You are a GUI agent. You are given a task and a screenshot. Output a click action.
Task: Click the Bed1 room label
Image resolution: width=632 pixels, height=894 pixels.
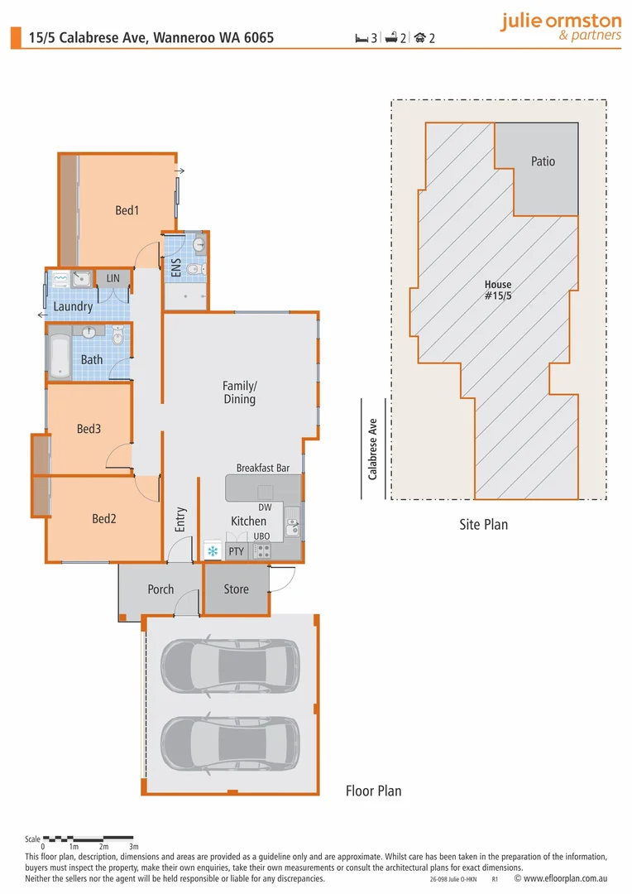(x=127, y=210)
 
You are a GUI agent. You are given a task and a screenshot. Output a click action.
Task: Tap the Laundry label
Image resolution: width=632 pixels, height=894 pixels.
(x=73, y=306)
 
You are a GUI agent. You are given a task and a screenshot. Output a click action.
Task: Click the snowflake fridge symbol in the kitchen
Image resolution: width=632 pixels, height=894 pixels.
(x=213, y=550)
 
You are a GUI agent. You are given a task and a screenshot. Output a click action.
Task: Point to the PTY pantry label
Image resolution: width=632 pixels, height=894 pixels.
(x=237, y=550)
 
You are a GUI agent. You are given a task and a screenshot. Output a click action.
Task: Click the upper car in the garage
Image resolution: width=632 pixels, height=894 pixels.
(x=229, y=666)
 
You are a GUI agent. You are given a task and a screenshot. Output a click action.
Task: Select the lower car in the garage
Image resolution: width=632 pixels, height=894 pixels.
(x=229, y=743)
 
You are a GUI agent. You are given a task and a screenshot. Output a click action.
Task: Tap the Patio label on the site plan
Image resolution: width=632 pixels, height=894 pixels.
(x=543, y=161)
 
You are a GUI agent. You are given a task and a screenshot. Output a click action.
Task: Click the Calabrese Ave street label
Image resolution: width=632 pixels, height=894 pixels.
(x=372, y=448)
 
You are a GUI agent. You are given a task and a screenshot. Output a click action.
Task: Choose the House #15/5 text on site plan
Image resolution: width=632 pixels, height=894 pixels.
(x=499, y=290)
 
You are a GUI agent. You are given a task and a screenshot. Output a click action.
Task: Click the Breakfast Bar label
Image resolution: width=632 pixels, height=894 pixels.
(x=262, y=468)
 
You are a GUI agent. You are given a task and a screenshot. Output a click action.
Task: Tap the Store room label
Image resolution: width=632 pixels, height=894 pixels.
(x=236, y=589)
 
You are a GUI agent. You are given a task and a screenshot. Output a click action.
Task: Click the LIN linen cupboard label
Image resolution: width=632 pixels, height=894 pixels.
(x=113, y=279)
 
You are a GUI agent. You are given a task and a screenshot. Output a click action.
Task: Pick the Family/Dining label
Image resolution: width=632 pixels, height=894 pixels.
(x=239, y=392)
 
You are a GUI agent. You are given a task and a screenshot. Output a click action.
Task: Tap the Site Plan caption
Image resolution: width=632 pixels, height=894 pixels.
(x=483, y=524)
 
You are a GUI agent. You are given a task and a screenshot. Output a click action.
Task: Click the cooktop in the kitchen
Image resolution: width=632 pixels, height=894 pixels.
(x=261, y=550)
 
